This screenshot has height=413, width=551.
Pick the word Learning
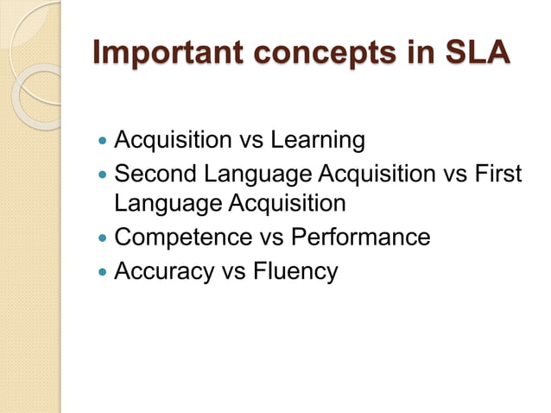[x=319, y=139]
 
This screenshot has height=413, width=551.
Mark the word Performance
[x=361, y=237]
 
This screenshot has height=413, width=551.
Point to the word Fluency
[x=296, y=270]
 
